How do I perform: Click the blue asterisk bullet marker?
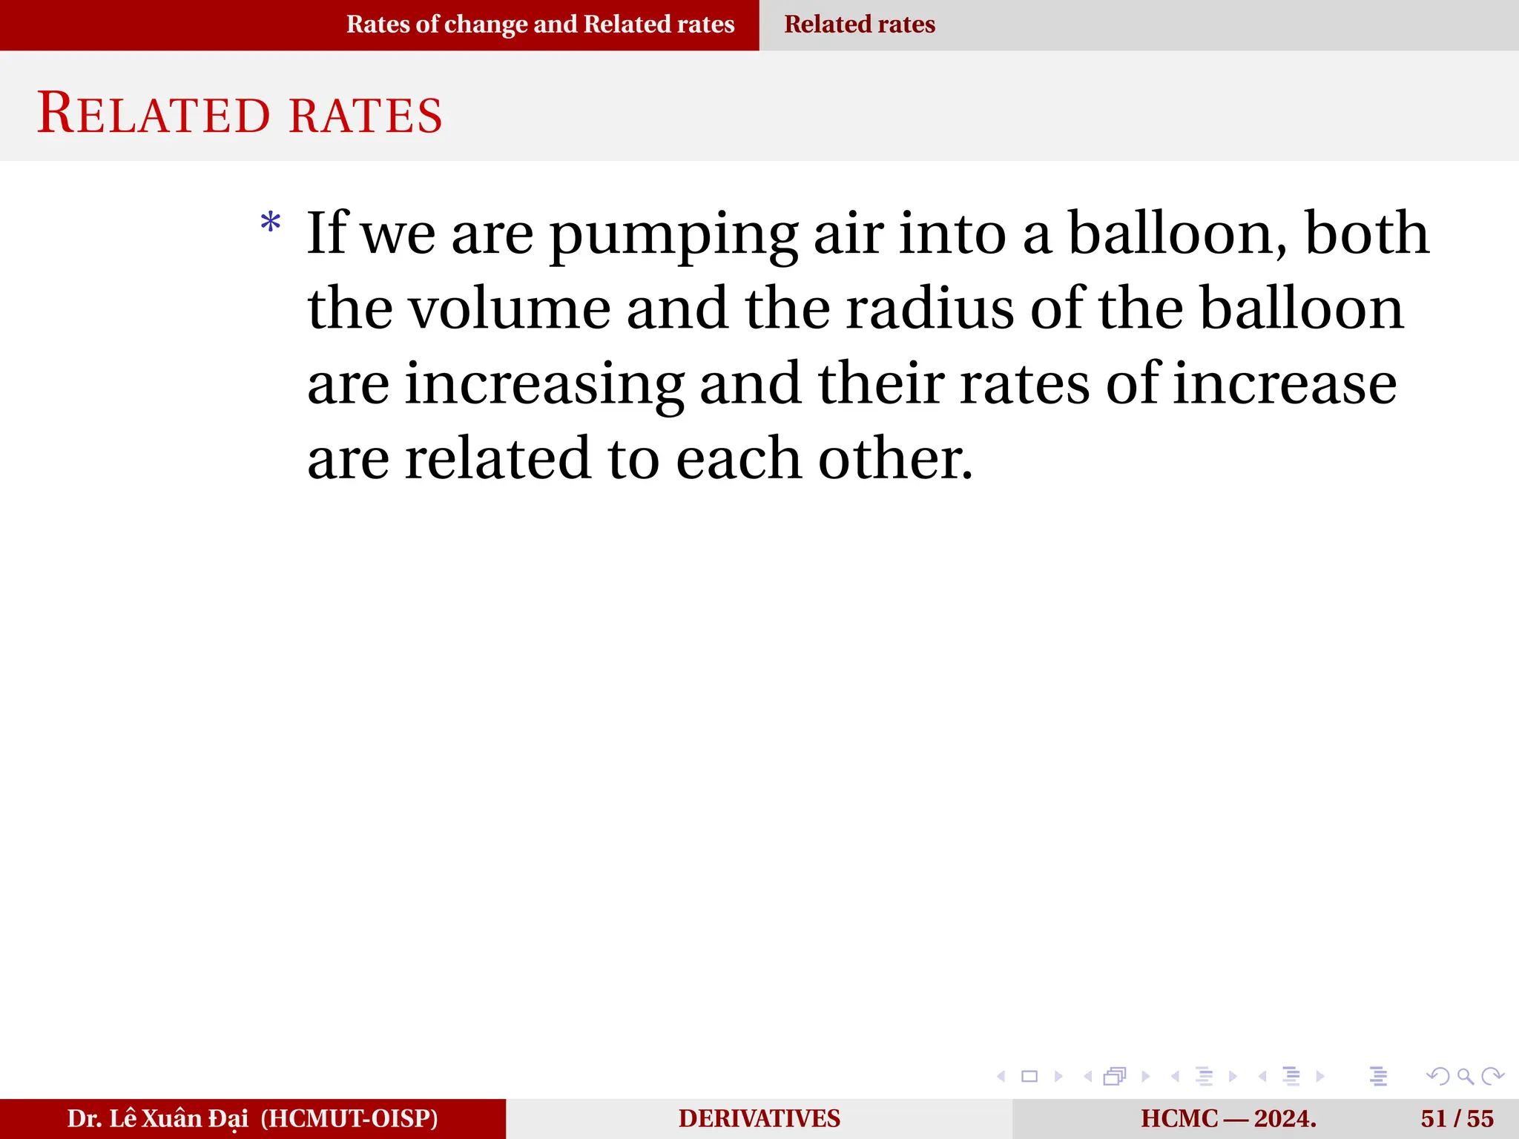coord(271,222)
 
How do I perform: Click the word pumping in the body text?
coord(673,236)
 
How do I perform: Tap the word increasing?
coord(544,386)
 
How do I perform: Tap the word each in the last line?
coord(739,459)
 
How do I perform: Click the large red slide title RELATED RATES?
coord(240,114)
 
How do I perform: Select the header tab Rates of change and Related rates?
coord(540,24)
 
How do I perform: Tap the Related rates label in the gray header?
coord(860,24)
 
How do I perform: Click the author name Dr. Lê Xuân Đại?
coord(157,1118)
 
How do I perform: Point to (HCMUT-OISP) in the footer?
coord(349,1118)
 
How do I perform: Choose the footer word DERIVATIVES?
coord(759,1118)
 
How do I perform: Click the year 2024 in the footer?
coord(1285,1118)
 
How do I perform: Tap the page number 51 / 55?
coord(1457,1118)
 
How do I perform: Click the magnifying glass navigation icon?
coord(1465,1076)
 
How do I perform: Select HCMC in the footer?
coord(1179,1118)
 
